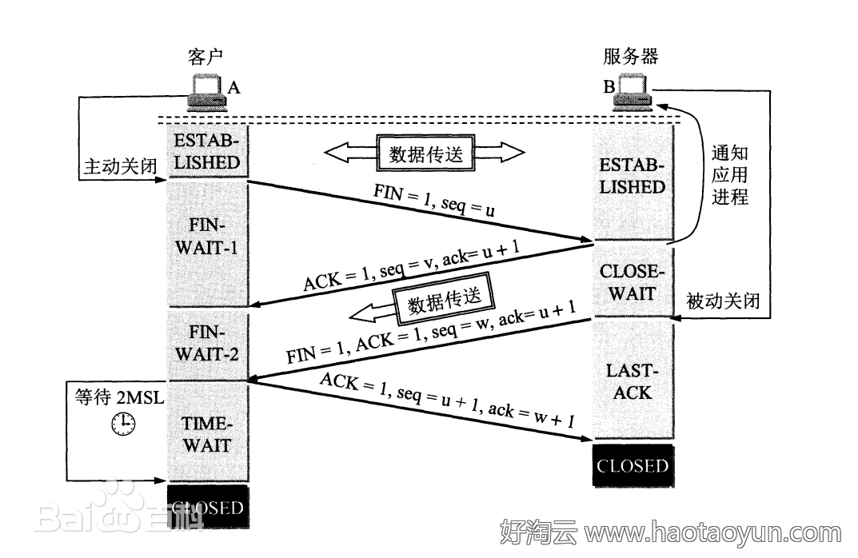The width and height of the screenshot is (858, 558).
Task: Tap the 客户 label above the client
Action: pos(205,58)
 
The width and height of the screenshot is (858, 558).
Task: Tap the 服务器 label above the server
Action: pos(630,58)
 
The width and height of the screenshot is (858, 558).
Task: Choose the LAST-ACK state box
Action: pos(632,381)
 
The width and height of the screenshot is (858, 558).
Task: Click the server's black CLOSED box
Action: pos(632,465)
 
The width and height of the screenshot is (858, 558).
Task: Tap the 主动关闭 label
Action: pos(115,166)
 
